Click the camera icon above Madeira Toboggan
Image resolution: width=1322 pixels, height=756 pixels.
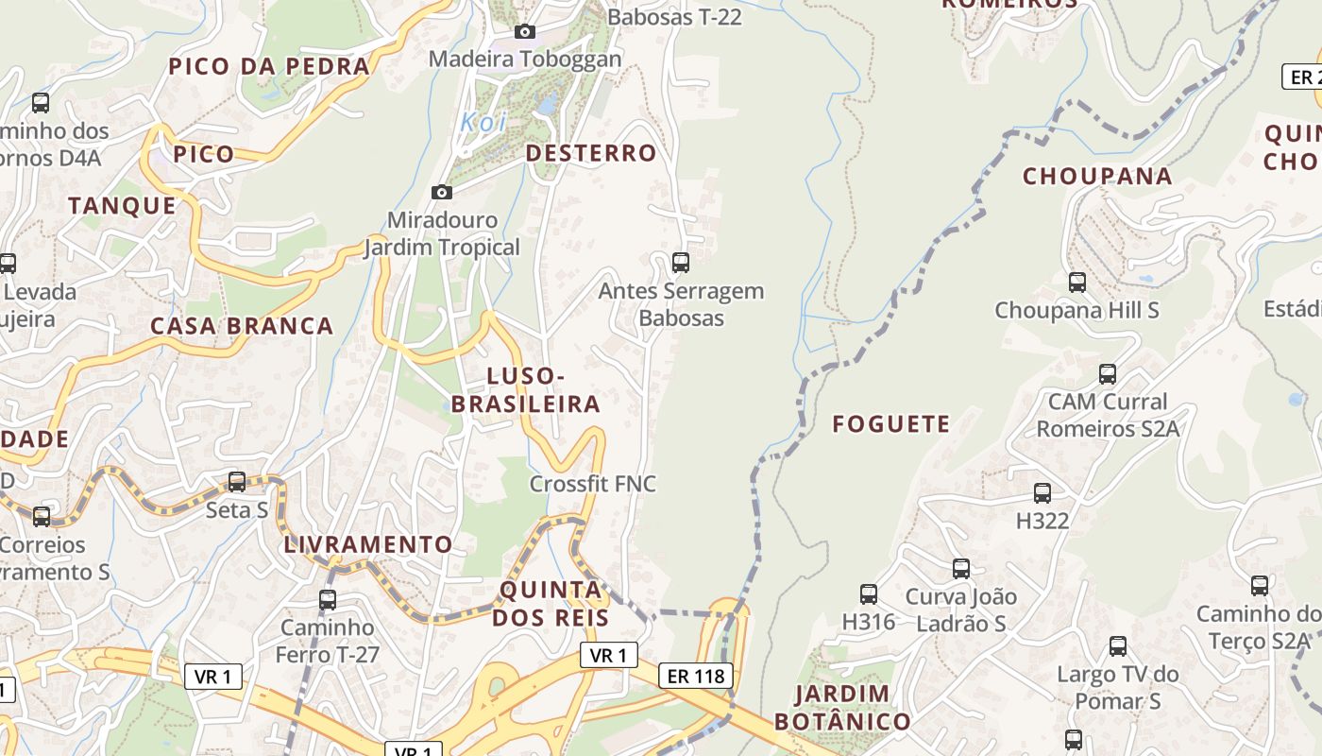[x=525, y=32]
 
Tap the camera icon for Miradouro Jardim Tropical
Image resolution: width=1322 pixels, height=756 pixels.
[x=441, y=193]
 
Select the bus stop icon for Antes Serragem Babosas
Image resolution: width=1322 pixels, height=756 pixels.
[x=680, y=263]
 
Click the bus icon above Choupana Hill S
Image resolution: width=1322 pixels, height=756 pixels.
[x=1076, y=282]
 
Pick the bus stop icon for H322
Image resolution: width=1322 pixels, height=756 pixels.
[x=1042, y=492]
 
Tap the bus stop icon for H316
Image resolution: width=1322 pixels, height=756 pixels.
[x=868, y=594]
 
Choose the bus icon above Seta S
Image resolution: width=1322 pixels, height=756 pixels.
[x=237, y=482]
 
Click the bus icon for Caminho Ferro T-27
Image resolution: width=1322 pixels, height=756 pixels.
[x=327, y=599]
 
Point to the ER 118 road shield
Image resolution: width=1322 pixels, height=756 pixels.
[x=696, y=676]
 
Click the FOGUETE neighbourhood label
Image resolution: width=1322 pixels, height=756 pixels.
[x=890, y=424]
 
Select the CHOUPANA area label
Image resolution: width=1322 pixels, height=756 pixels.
[x=1097, y=177]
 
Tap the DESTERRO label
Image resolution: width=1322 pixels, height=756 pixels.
[x=590, y=153]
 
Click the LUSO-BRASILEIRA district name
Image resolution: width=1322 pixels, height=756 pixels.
[x=526, y=390]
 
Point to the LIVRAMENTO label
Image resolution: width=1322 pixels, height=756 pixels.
[x=368, y=545]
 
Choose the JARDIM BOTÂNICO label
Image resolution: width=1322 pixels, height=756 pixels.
[x=842, y=708]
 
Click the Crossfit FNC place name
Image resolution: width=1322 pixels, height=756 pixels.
[x=592, y=484]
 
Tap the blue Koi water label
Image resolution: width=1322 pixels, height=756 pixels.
[x=483, y=122]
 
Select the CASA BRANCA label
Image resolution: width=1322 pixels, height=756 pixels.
[x=242, y=327]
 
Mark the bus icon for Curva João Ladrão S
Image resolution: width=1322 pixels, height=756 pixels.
[x=960, y=569]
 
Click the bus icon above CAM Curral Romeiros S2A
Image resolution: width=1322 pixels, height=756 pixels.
[x=1107, y=374]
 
